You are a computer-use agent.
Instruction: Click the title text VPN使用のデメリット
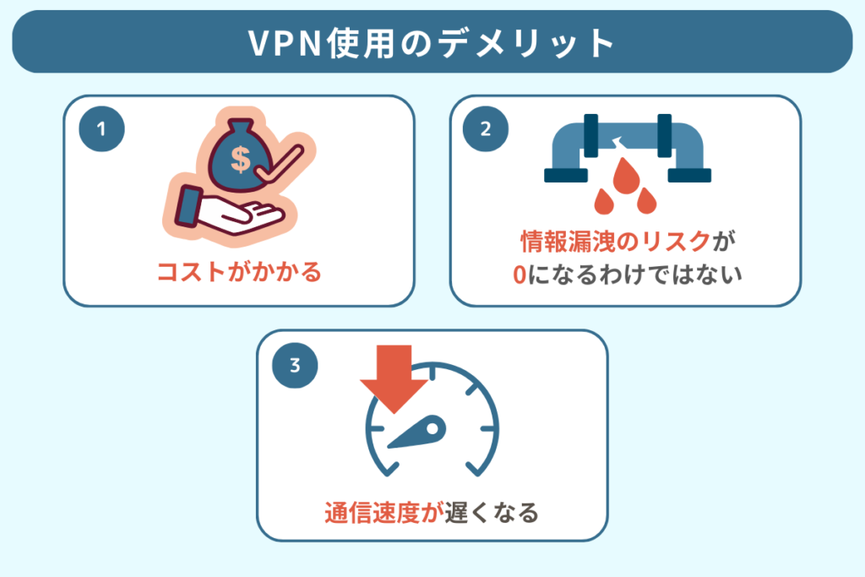point(432,42)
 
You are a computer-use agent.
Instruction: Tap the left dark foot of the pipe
point(566,175)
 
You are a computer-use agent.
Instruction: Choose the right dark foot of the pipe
point(689,175)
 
